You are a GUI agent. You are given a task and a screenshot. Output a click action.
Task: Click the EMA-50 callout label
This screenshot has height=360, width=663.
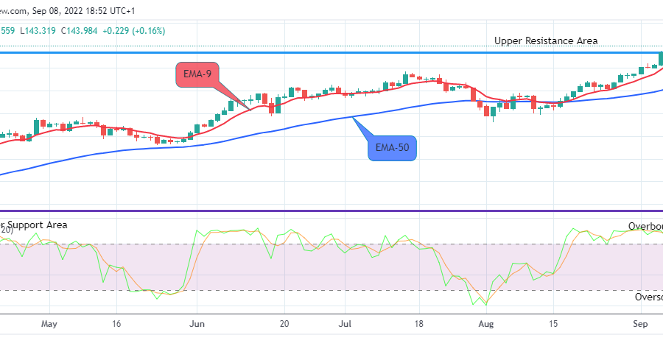[393, 148]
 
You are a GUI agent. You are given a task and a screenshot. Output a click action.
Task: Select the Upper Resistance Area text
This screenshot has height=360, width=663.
[546, 41]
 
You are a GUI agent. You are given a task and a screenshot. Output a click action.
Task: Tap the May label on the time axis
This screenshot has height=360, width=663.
[49, 324]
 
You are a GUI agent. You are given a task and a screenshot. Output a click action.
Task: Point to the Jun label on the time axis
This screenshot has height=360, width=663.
[196, 324]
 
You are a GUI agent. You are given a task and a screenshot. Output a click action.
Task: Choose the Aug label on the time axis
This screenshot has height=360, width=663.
[485, 324]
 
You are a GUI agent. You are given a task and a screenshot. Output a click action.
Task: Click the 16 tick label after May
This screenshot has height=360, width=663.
[117, 324]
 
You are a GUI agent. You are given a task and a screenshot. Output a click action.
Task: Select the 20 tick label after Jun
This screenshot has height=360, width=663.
[284, 324]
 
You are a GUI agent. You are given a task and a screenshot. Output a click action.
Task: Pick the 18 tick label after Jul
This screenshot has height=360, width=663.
[418, 324]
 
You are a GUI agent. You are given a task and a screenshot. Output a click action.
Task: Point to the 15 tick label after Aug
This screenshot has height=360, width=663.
[554, 324]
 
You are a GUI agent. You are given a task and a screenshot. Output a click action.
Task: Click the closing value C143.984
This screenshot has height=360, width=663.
[79, 30]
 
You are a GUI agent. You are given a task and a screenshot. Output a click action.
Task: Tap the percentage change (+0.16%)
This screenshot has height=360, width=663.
[146, 30]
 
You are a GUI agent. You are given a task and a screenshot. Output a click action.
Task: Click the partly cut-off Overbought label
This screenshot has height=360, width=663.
[645, 226]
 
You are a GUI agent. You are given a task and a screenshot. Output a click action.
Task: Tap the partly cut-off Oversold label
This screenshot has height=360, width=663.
[648, 297]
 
